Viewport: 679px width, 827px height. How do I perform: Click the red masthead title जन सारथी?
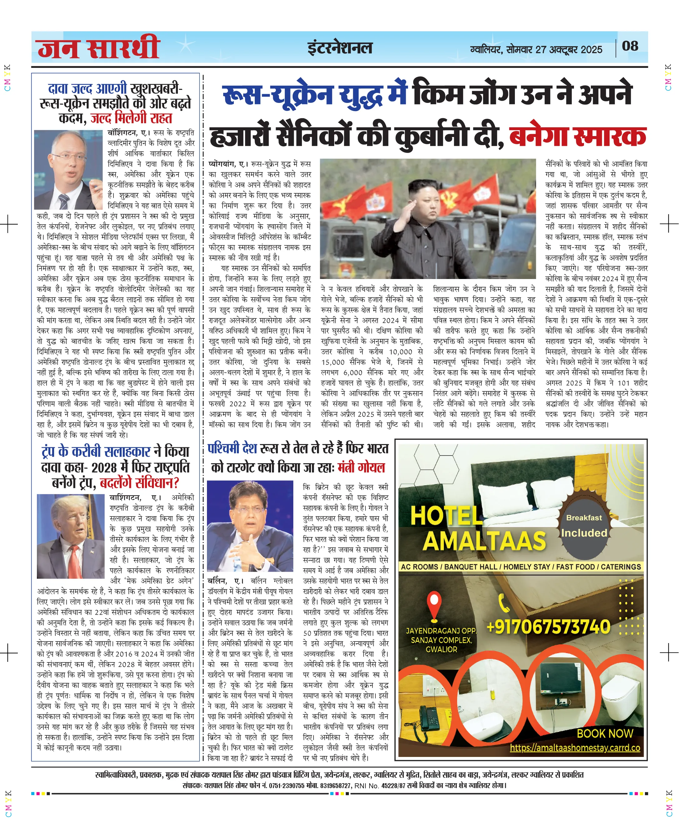[98, 48]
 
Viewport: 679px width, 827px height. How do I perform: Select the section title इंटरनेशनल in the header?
[339, 48]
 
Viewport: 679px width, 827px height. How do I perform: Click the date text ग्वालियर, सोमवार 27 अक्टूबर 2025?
[536, 50]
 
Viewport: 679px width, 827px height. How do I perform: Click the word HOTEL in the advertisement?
[446, 515]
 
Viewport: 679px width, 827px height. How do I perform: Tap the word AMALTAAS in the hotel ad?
[484, 541]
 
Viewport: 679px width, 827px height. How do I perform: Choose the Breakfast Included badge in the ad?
[584, 525]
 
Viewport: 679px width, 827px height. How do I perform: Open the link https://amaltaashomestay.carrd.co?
[575, 748]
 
